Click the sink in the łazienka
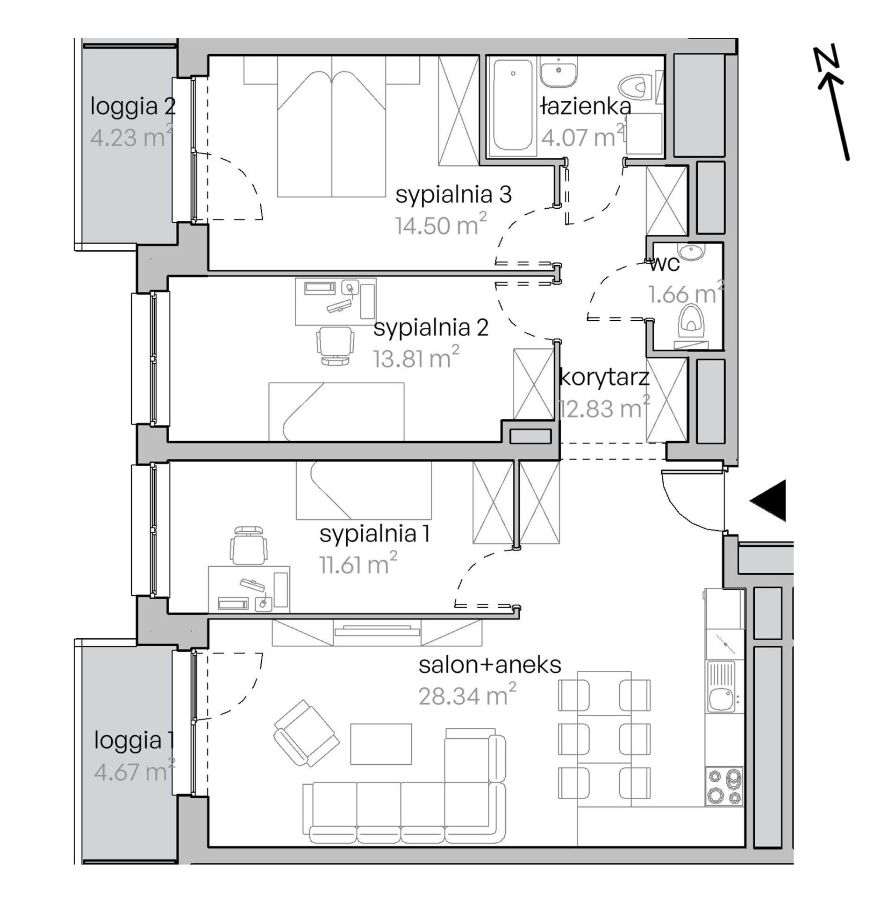click(x=559, y=73)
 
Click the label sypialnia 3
click(x=453, y=194)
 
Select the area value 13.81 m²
click(x=416, y=358)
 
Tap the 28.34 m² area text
click(x=467, y=696)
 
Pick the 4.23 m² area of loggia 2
click(x=131, y=137)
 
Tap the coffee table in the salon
click(x=381, y=744)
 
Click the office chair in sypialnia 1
click(x=251, y=545)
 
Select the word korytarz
click(x=604, y=377)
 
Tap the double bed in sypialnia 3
click(x=332, y=126)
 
